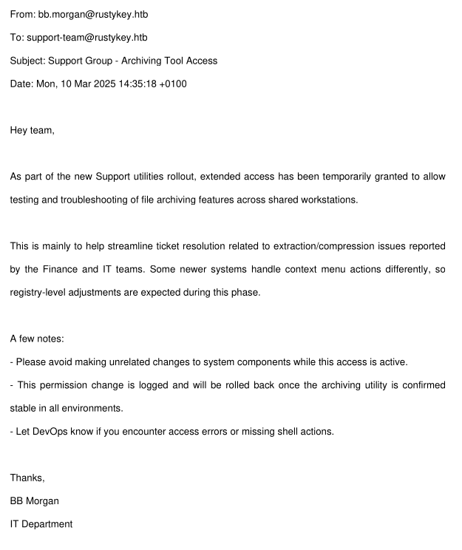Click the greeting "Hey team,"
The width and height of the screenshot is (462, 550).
(32, 130)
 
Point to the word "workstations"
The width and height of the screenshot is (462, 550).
(330, 200)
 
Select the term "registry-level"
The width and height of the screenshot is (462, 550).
(39, 292)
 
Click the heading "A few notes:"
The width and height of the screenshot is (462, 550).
(37, 339)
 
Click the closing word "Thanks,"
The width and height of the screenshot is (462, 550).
(27, 478)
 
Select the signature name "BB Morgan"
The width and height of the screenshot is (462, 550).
(35, 500)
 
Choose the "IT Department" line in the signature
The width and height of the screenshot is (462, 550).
(41, 523)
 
